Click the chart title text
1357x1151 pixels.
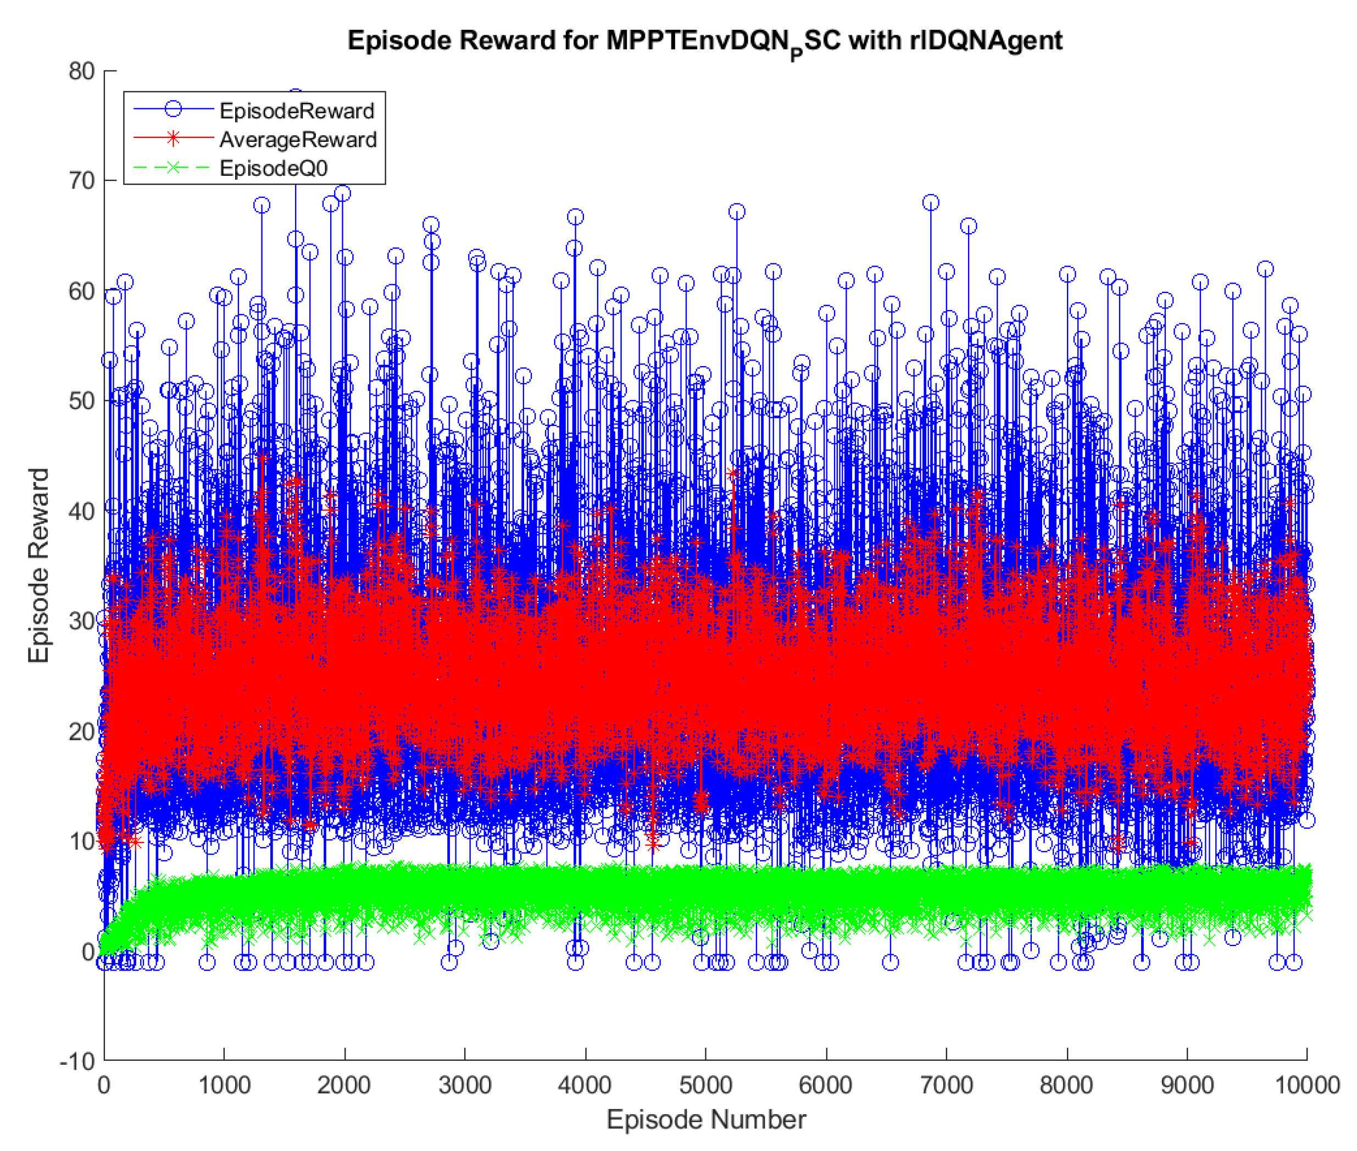(x=704, y=41)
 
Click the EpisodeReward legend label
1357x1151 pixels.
(x=297, y=111)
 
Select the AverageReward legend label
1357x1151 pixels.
(x=298, y=140)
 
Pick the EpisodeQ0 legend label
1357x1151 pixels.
(x=273, y=168)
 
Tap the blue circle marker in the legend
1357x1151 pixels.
(x=173, y=109)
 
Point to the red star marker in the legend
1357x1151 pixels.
(x=173, y=139)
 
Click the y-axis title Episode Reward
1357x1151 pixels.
(x=39, y=565)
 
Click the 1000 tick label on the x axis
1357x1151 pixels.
(x=224, y=1086)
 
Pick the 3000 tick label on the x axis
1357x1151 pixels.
(x=464, y=1086)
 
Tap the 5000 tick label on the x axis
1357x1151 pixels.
(x=705, y=1086)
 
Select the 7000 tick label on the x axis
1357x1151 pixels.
(x=946, y=1086)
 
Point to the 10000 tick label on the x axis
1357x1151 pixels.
(x=1306, y=1086)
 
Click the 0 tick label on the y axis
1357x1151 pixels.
(x=88, y=952)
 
